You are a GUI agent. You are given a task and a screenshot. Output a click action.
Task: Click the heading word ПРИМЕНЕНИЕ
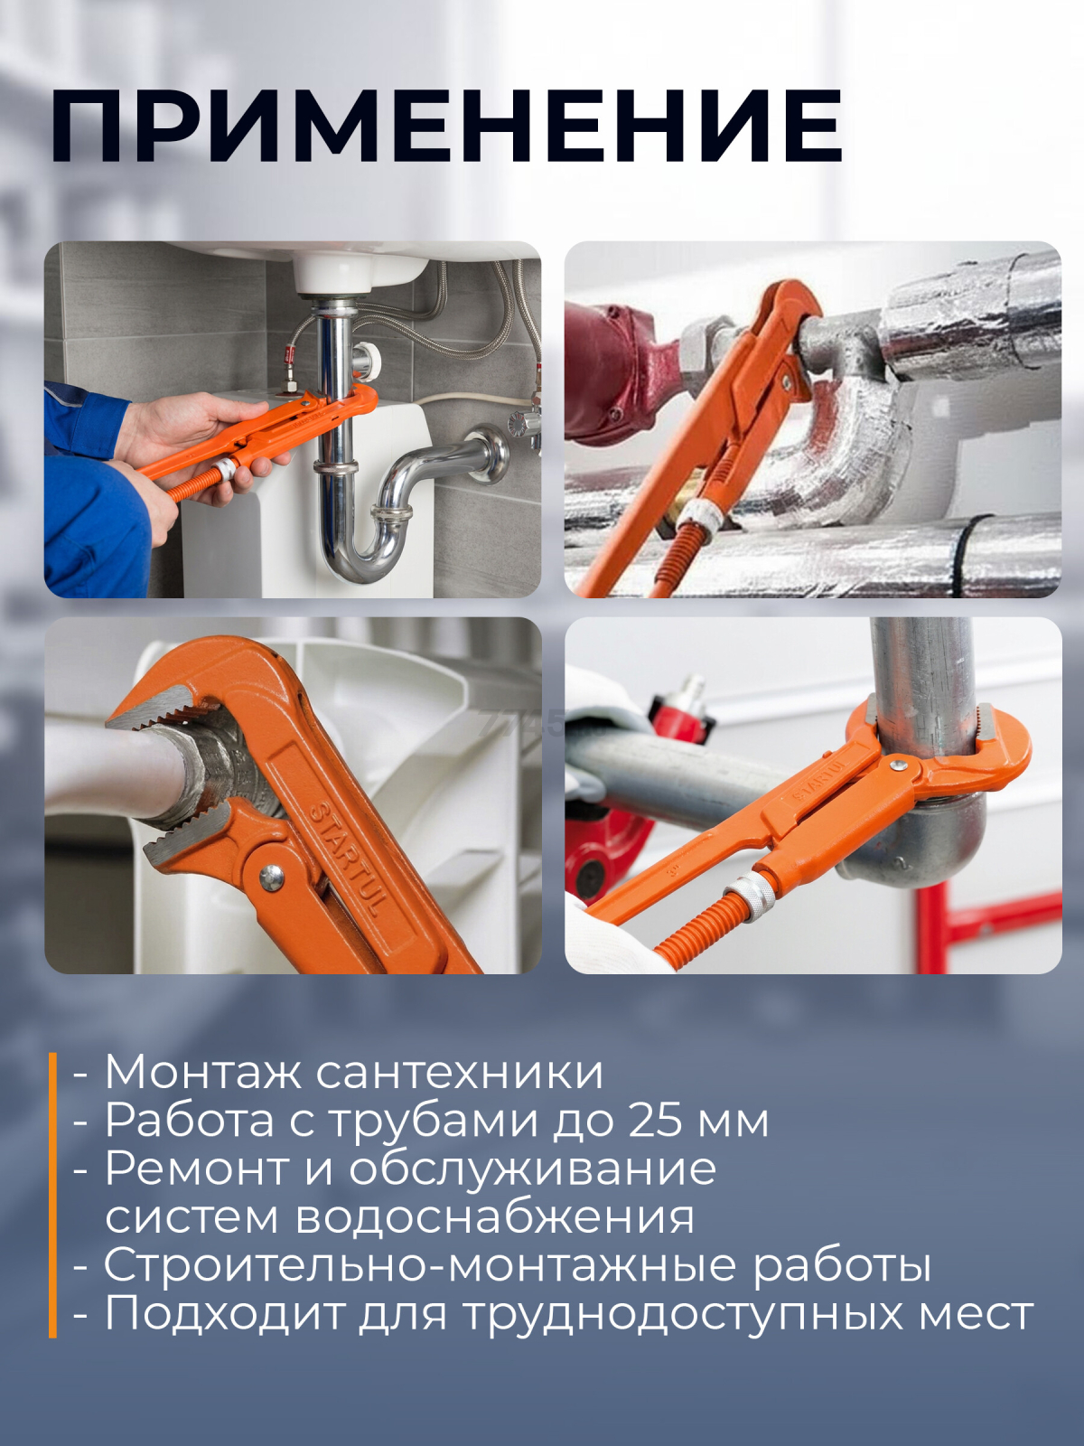pos(447,126)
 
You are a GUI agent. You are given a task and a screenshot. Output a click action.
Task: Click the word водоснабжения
pos(495,1217)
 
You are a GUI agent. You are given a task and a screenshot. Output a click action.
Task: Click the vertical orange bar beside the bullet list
pos(52,1193)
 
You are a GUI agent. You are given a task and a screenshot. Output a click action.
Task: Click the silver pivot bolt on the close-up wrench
pos(270,874)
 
